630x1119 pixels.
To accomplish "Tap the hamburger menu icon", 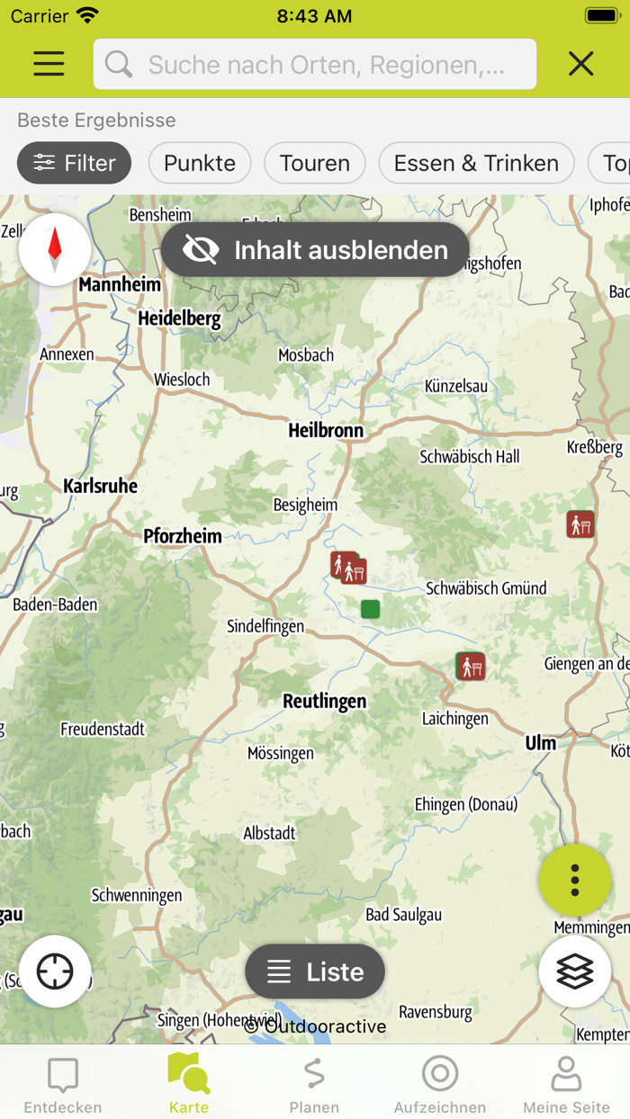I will click(49, 63).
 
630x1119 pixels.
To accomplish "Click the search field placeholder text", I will click(326, 65).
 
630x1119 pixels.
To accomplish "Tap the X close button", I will click(580, 63).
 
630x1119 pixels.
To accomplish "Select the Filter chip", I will click(74, 163).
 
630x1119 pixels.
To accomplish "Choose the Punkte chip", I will click(200, 163).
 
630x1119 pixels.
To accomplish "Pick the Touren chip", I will click(314, 163).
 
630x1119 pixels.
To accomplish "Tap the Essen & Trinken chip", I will click(476, 163).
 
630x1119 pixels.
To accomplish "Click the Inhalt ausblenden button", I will click(315, 249).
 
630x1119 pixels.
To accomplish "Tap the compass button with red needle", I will click(55, 249).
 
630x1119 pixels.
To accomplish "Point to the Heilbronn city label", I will click(326, 431).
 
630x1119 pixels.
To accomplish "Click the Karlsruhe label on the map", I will click(100, 487).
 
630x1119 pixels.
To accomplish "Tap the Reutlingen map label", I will click(324, 701).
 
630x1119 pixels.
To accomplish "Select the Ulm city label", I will click(541, 743).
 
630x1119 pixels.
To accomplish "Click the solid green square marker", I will click(370, 609).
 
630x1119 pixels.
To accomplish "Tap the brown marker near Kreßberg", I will click(580, 524).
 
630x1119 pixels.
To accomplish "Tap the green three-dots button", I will click(574, 880).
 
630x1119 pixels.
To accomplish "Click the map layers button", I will click(574, 971).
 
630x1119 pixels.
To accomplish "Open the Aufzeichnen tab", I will click(439, 1084).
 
